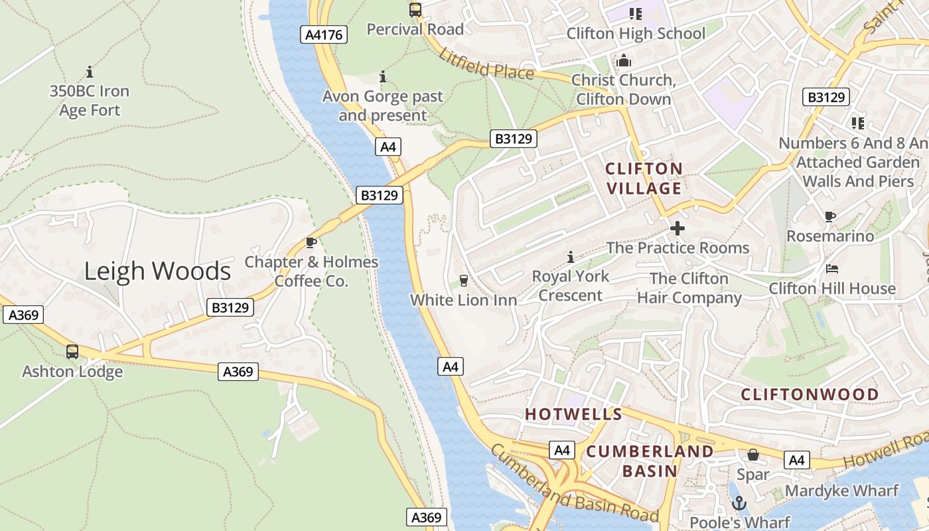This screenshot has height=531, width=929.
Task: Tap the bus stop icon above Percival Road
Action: (x=415, y=10)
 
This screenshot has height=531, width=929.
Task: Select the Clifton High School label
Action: (x=635, y=33)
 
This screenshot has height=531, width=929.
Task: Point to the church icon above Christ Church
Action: (x=624, y=62)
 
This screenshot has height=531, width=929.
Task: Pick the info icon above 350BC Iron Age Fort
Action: (x=90, y=72)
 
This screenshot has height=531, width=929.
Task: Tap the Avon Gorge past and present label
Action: (x=383, y=106)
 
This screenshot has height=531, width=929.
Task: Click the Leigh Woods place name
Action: (x=157, y=271)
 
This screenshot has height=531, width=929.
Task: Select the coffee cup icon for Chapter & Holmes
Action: (x=311, y=243)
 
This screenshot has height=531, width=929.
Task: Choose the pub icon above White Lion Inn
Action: (x=464, y=281)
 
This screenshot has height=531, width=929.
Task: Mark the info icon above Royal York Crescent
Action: (x=570, y=257)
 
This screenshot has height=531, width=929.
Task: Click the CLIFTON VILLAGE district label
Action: (x=644, y=179)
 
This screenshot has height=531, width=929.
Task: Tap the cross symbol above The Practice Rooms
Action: (x=678, y=228)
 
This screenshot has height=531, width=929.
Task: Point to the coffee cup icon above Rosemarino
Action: (x=829, y=216)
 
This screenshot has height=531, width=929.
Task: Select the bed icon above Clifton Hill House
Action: (x=832, y=269)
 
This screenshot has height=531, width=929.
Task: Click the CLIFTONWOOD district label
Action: (x=810, y=394)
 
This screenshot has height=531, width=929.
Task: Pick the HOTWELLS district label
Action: (x=573, y=415)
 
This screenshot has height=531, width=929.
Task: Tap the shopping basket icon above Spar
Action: (x=753, y=455)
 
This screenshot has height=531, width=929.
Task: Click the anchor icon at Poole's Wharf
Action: (x=739, y=504)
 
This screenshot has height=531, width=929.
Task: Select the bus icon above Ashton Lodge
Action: (x=72, y=352)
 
